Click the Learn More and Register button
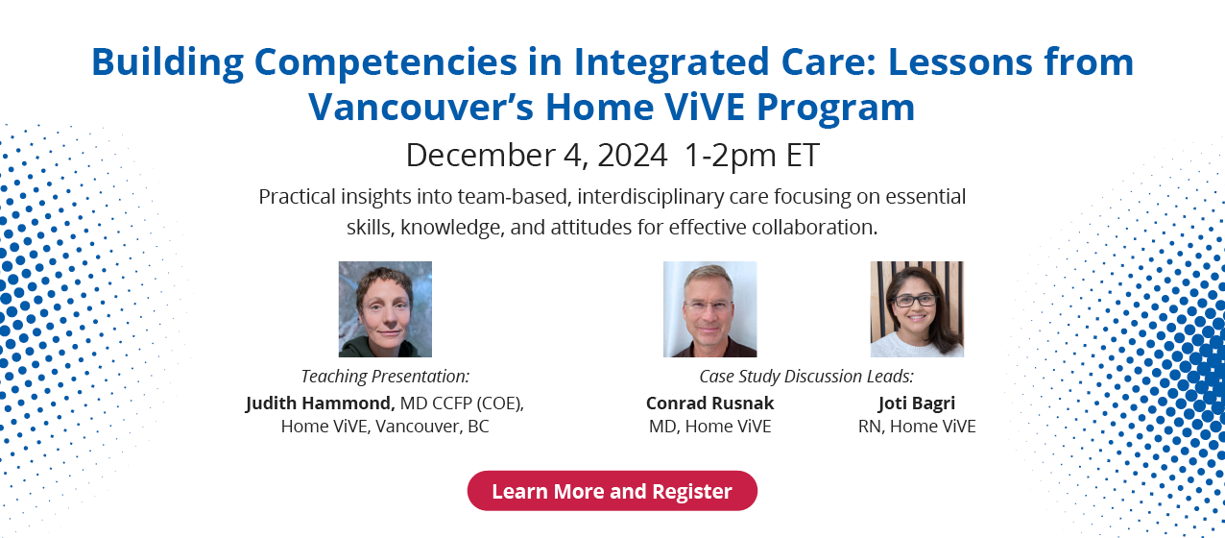pyautogui.click(x=612, y=491)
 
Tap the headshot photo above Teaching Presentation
pyautogui.click(x=385, y=309)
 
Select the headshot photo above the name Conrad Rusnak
pyautogui.click(x=709, y=309)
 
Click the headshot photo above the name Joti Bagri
pyautogui.click(x=917, y=309)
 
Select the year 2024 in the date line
pyautogui.click(x=633, y=155)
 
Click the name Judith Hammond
pyautogui.click(x=320, y=403)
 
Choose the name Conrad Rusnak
pyautogui.click(x=709, y=403)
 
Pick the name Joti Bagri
pyautogui.click(x=917, y=403)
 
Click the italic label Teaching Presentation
pyautogui.click(x=385, y=376)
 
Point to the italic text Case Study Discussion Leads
pyautogui.click(x=806, y=376)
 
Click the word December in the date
pyautogui.click(x=480, y=155)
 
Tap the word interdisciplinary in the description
pyautogui.click(x=650, y=197)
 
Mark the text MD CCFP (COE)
pyautogui.click(x=462, y=403)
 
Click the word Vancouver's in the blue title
pyautogui.click(x=420, y=107)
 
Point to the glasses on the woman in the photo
pyautogui.click(x=914, y=300)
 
